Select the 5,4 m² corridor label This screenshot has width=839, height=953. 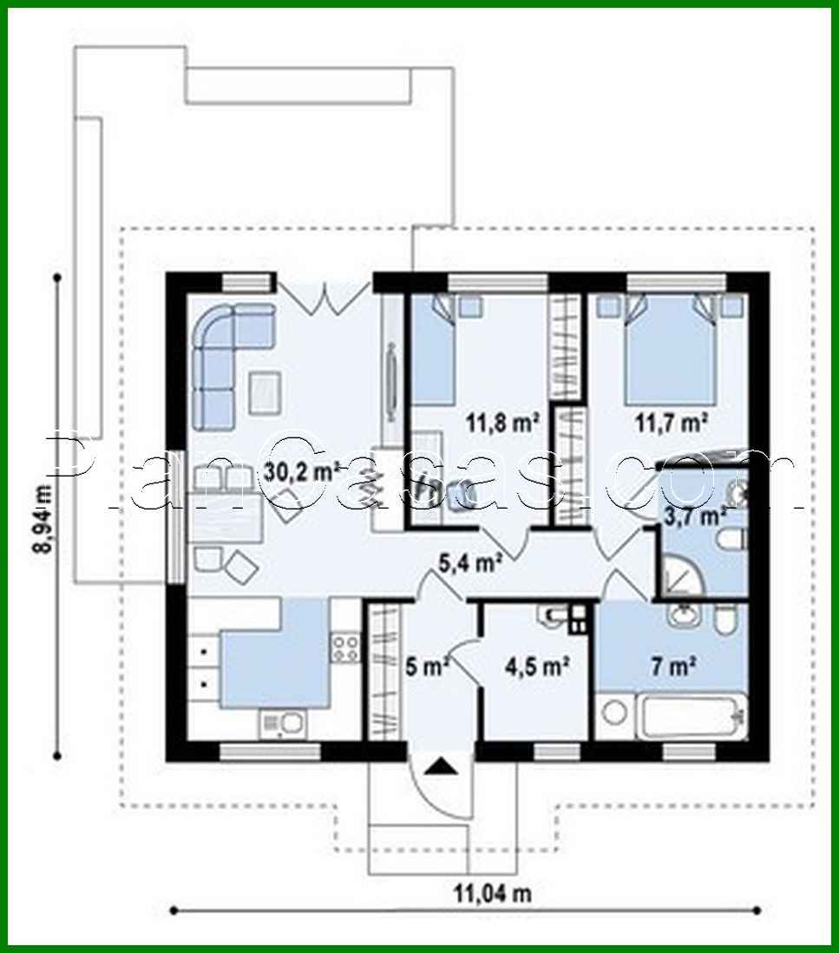(x=471, y=563)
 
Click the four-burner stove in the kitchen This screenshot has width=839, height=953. (x=345, y=646)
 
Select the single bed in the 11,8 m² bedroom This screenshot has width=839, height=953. (x=433, y=356)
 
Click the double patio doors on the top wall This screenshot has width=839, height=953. (x=325, y=296)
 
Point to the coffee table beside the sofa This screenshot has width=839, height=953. (x=265, y=391)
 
